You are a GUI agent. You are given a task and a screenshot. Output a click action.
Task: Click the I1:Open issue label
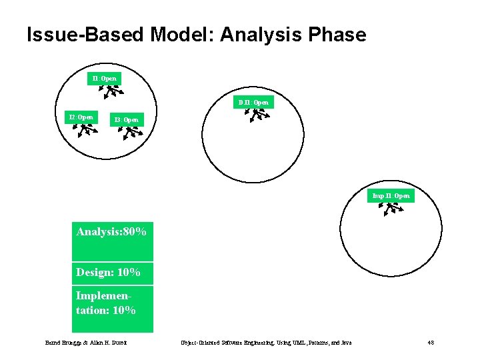click(x=105, y=79)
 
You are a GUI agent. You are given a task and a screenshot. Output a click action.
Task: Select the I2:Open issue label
click(x=82, y=117)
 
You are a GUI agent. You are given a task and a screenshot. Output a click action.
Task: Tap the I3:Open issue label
click(x=127, y=120)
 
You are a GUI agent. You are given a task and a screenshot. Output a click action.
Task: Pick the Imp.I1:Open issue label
click(x=391, y=196)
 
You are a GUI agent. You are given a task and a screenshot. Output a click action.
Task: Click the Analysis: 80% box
click(x=112, y=241)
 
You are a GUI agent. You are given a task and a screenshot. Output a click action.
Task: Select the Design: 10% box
click(x=112, y=273)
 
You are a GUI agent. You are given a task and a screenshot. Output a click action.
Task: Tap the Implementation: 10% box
click(x=112, y=308)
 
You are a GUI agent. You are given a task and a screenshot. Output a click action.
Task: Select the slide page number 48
click(x=431, y=343)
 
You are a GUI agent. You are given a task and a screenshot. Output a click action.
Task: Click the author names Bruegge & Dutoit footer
click(x=86, y=343)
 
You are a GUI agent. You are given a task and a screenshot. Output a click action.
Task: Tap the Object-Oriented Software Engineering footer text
click(x=266, y=343)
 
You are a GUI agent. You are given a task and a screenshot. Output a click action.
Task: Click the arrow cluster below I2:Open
click(x=84, y=130)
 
